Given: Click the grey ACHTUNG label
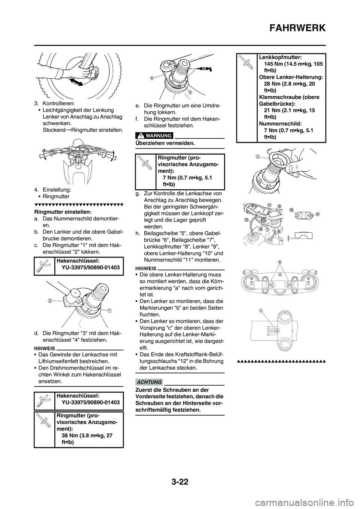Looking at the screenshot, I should (153, 382).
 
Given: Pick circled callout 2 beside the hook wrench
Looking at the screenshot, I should (49, 300).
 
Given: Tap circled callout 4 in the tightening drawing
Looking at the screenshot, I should (151, 78).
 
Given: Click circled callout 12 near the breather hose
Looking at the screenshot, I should (247, 219).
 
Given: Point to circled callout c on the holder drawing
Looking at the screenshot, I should (261, 310).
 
